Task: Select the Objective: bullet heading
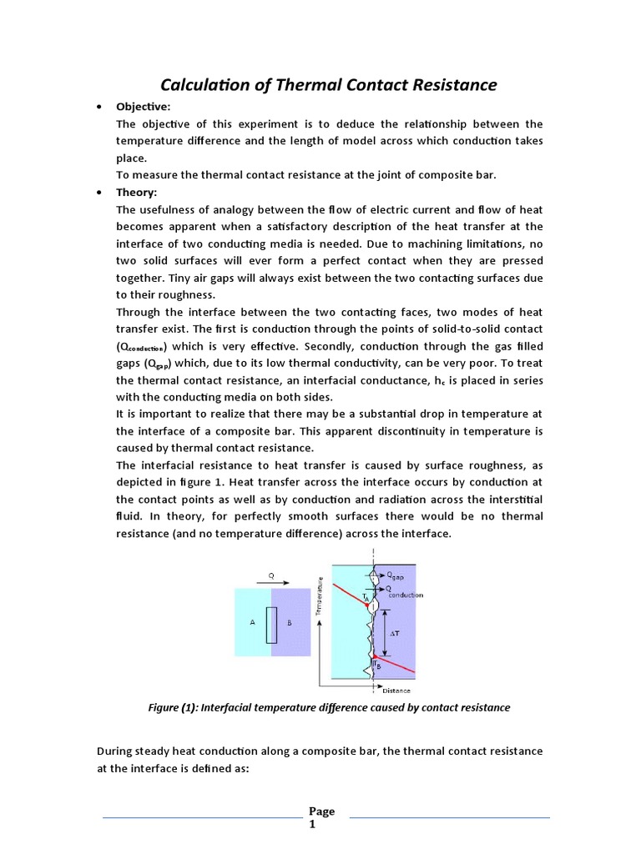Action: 143,108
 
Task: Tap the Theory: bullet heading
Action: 136,192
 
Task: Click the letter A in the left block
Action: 253,623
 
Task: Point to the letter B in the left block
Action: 290,623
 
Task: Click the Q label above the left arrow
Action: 271,575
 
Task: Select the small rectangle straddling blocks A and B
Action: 271,625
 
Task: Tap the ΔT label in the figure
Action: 396,633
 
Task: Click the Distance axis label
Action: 397,691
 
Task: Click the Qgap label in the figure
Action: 400,575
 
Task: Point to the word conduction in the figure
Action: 405,595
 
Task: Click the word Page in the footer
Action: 321,811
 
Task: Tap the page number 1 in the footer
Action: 312,825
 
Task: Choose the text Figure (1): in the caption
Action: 170,707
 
